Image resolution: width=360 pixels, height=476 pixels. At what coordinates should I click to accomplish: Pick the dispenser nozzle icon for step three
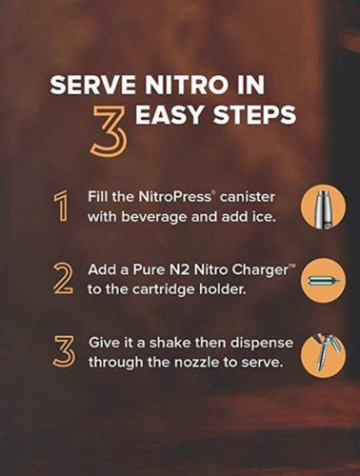(322, 354)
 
